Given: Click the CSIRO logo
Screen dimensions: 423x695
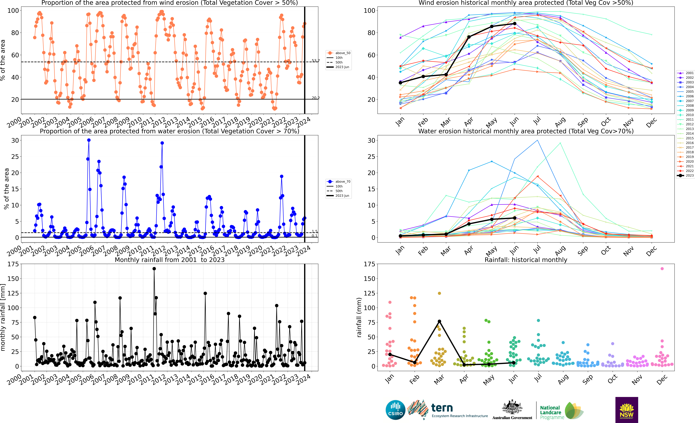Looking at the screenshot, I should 395,410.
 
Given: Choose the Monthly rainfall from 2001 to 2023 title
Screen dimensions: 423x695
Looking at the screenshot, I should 170,260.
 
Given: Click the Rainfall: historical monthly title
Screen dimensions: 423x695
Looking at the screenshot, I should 526,260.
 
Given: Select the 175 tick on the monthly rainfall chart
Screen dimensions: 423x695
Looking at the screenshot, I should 13,264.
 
